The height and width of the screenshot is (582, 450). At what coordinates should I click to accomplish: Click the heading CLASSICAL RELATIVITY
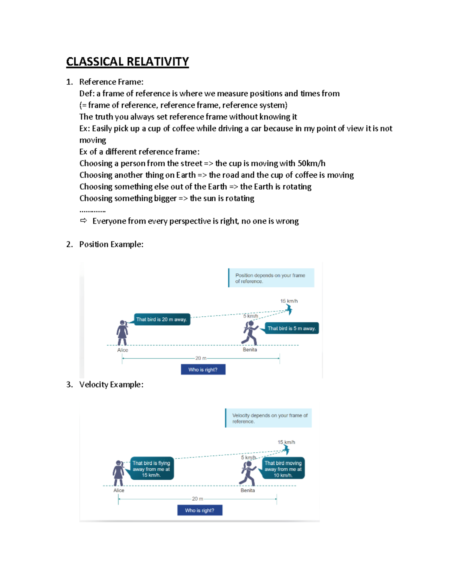coord(127,61)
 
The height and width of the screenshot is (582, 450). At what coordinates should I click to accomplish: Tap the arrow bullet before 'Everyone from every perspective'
coord(83,221)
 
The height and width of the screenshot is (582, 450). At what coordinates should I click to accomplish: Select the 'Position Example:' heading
coord(111,244)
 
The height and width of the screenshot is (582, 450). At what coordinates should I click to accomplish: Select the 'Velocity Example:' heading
coord(111,385)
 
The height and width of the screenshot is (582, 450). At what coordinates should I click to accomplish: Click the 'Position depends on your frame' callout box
coord(271,278)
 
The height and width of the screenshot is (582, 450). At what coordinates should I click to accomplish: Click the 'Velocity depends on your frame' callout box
coord(268,418)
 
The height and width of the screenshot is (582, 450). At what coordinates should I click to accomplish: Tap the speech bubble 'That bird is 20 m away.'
coord(162,320)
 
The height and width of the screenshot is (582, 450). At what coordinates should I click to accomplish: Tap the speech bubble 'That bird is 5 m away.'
coord(291,328)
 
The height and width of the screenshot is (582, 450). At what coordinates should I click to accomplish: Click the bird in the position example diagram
coord(288,309)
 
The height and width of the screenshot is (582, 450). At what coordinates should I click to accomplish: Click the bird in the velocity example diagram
coord(286,449)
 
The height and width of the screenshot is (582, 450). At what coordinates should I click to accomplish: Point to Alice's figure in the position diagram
coord(122,333)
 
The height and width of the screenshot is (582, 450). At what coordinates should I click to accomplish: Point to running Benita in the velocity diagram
coord(247,473)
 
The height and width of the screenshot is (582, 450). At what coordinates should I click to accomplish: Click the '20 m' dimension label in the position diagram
coord(201,358)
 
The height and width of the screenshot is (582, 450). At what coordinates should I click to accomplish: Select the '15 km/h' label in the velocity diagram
coord(286,442)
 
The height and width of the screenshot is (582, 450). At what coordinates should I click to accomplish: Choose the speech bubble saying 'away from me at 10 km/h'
coord(283,469)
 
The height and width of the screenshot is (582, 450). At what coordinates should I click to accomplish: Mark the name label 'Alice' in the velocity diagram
coord(119,490)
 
